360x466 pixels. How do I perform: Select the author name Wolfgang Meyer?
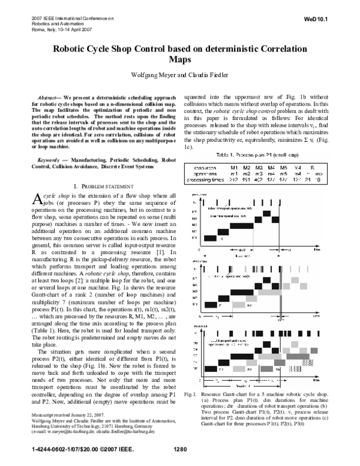coord(159,76)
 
